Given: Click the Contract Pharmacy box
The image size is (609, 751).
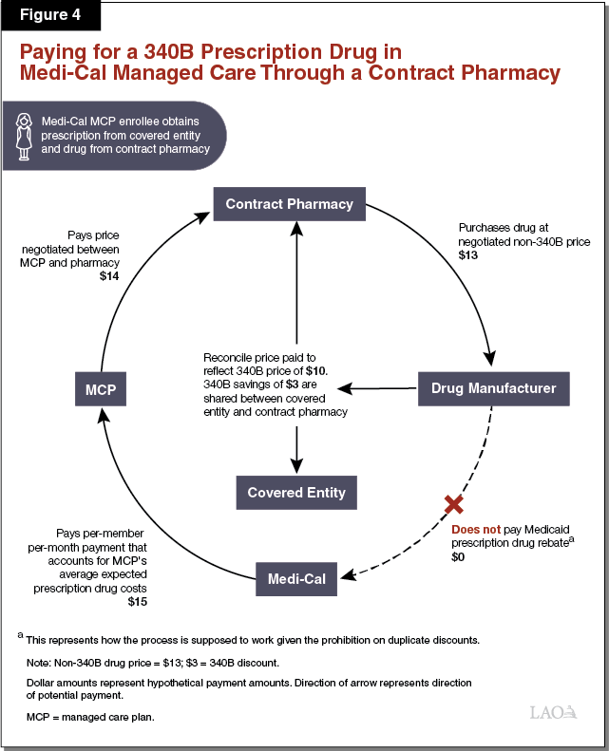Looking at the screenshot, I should click(289, 204).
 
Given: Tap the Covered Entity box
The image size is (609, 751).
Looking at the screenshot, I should click(296, 493).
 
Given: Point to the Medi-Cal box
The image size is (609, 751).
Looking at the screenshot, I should click(295, 578).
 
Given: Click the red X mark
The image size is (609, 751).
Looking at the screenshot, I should click(454, 503).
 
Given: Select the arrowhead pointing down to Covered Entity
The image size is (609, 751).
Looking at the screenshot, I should click(297, 465).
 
